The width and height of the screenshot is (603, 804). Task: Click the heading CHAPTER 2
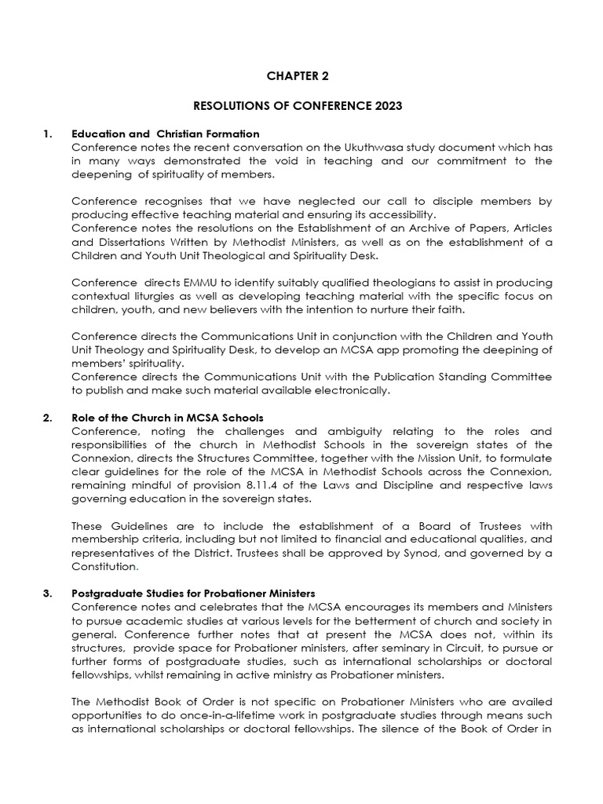coord(298,76)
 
